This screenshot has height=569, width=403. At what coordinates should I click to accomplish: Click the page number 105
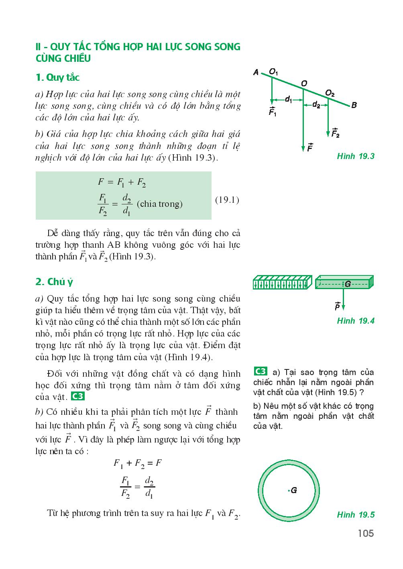coord(365,533)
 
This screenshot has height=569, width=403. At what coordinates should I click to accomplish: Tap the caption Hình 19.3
coord(356,156)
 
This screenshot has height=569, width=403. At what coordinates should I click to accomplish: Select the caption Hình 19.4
coord(356,320)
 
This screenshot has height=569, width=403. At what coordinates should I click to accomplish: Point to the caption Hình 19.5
coord(356,515)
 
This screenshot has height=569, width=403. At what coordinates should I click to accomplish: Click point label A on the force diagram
coord(256,72)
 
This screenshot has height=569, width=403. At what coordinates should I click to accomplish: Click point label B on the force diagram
coord(354,105)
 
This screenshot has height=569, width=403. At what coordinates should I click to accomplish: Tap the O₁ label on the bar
coord(274,72)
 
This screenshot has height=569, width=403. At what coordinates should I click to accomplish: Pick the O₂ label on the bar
coord(330,94)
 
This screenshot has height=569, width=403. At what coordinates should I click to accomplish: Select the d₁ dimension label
coord(289,100)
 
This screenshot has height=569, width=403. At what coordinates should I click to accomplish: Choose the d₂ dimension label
coord(316,105)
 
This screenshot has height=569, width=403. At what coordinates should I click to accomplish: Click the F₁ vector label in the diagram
coord(273,112)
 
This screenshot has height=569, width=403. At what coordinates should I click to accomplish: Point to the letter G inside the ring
coord(294,490)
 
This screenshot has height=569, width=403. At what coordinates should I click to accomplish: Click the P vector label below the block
coord(337,306)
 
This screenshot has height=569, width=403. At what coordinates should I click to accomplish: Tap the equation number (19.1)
coord(227,200)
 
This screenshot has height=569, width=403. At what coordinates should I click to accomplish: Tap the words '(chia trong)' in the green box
coord(159,204)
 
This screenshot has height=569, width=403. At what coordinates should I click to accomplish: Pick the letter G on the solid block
coord(348,284)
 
